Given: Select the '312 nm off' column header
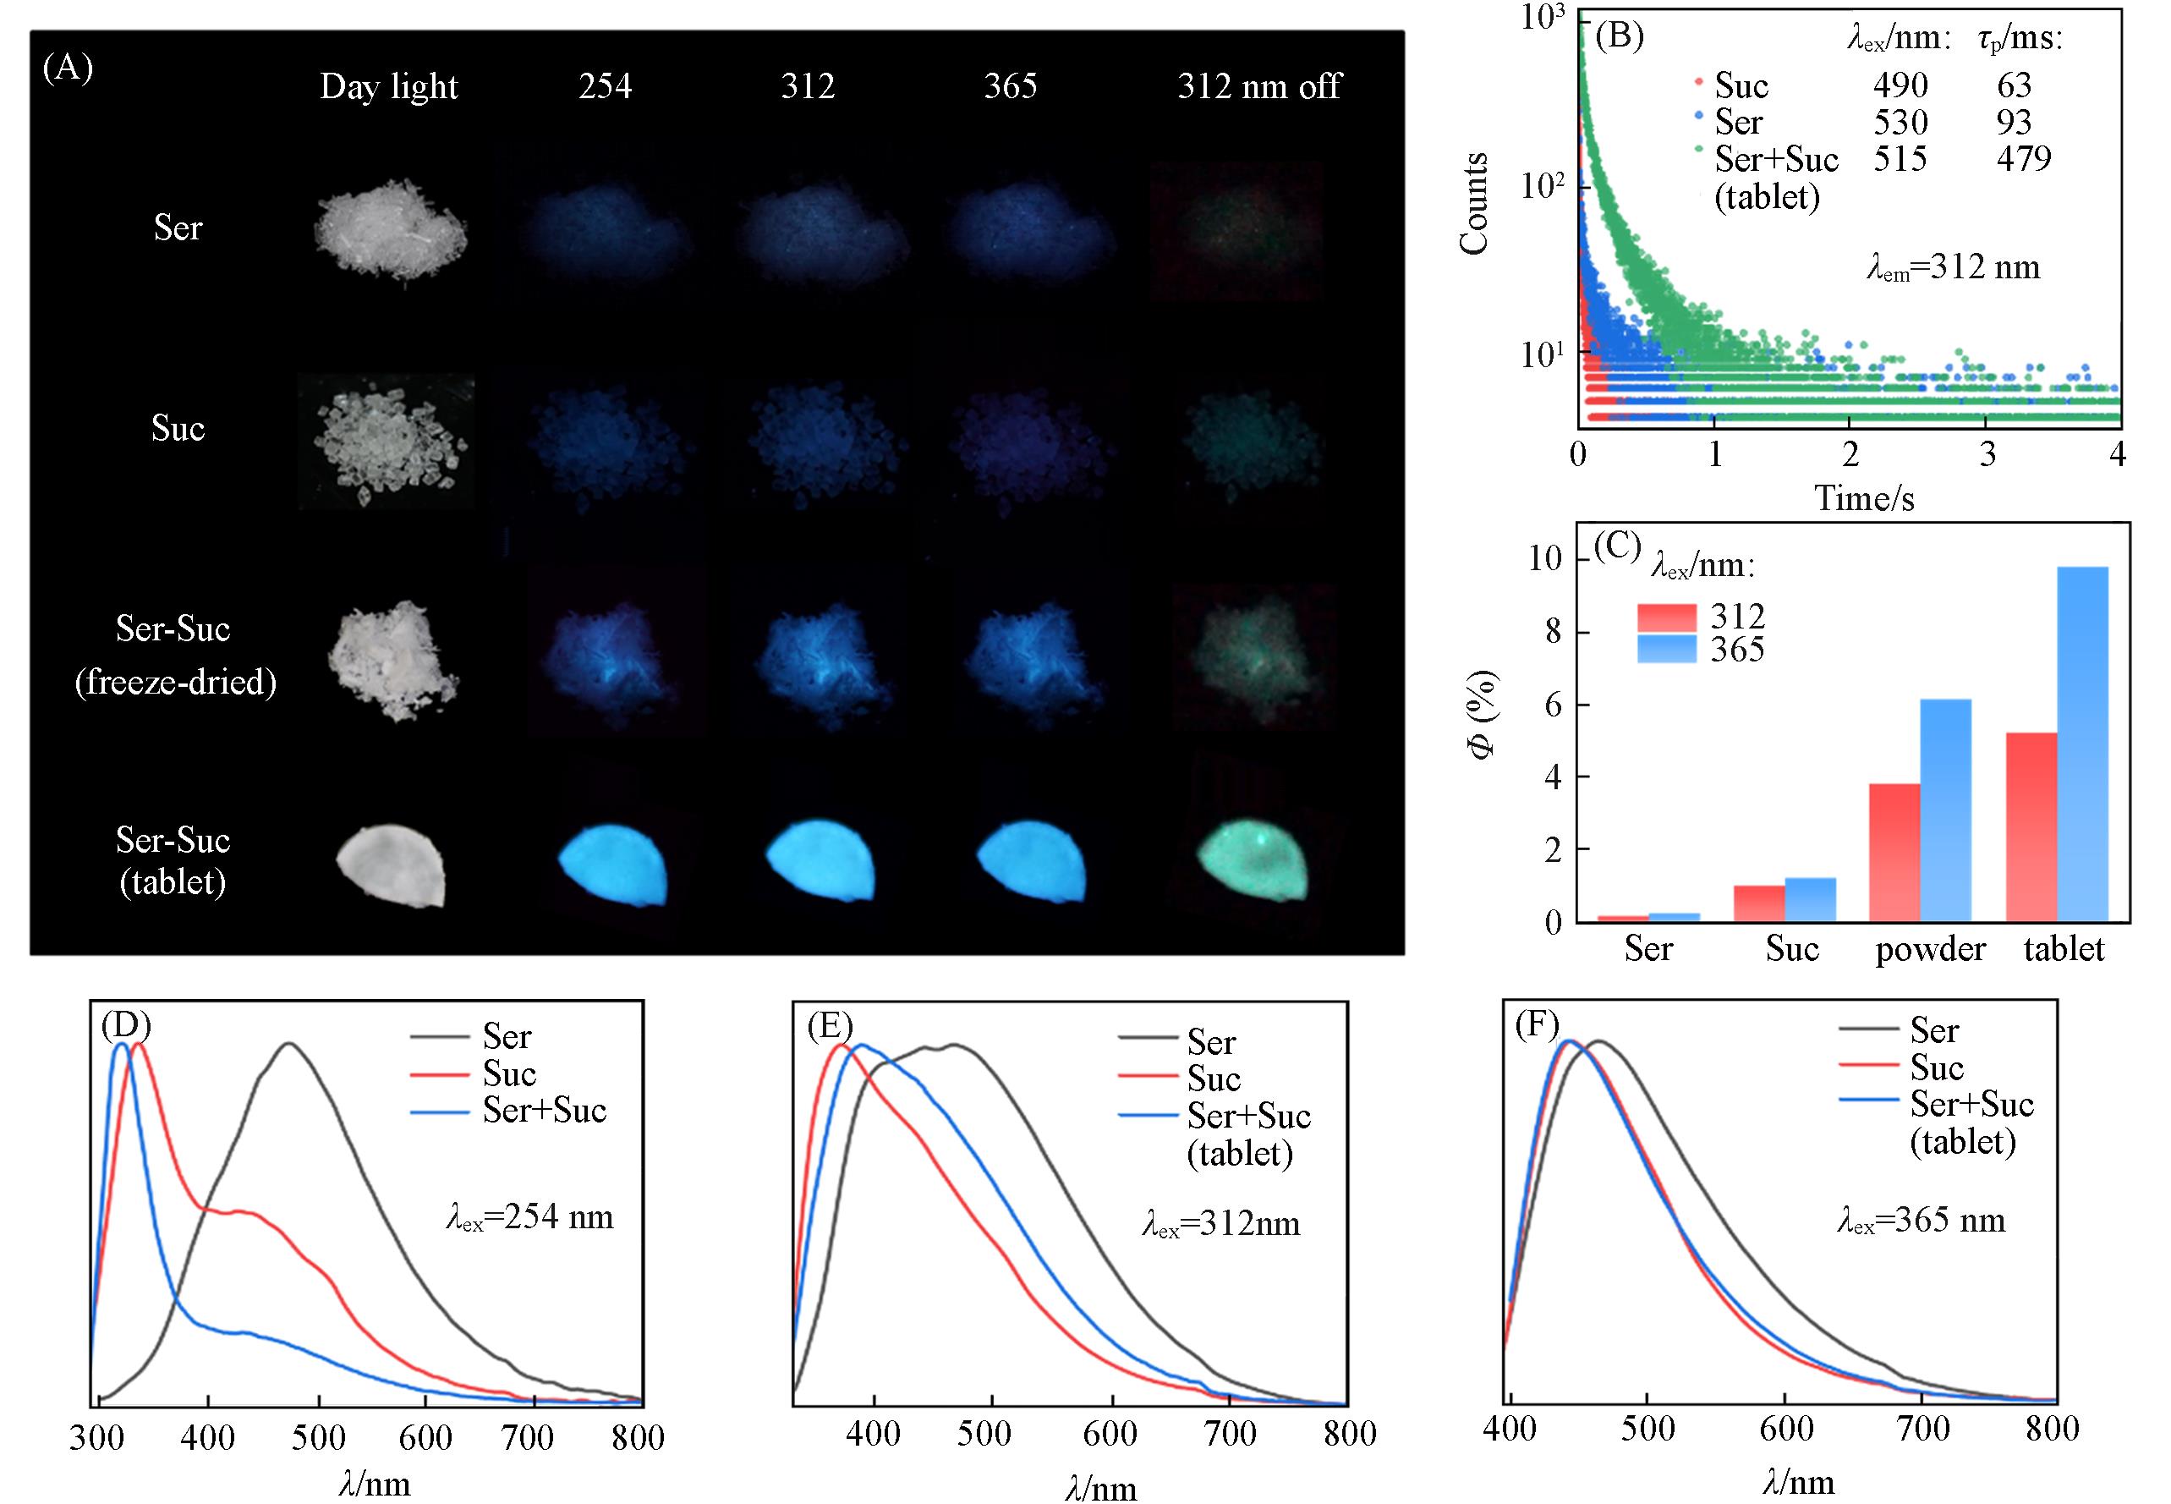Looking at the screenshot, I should (x=1259, y=86).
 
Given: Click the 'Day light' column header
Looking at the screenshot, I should (x=388, y=86).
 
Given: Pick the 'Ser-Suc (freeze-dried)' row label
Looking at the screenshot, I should (x=175, y=655).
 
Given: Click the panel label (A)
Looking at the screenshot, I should (x=68, y=69).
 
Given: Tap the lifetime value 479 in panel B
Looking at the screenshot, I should (x=2023, y=158).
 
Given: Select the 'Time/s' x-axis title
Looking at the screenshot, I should (x=1864, y=497).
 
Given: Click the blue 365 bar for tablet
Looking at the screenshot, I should (x=2082, y=744).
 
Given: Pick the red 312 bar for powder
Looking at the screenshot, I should (x=1894, y=852).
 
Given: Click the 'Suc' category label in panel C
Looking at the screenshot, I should (x=1791, y=949).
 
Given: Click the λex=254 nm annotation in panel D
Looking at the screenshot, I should (x=529, y=1217).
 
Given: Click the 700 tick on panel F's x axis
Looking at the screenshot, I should (x=1922, y=1430).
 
